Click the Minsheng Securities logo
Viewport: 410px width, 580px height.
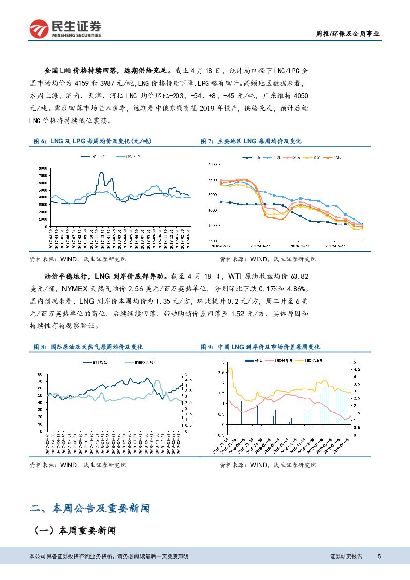click(65, 29)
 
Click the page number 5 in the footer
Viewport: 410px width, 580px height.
click(379, 556)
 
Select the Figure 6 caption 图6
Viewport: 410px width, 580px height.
click(39, 141)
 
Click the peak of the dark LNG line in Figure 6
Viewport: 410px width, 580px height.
click(101, 172)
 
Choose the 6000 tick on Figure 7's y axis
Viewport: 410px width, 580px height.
click(213, 164)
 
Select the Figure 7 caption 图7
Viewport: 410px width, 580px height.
click(206, 141)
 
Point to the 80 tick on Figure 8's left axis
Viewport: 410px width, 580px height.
click(40, 374)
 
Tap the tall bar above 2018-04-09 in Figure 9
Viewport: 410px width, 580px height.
click(242, 412)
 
